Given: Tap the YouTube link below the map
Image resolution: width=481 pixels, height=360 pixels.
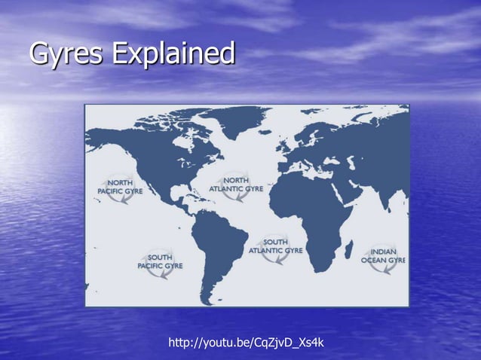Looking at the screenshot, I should [246, 343].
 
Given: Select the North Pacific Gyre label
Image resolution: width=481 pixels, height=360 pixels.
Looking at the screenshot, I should [120, 187].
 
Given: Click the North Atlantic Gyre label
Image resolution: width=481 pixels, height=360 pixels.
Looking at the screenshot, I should [236, 185].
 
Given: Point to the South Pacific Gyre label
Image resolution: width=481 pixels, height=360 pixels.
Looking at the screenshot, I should [159, 261].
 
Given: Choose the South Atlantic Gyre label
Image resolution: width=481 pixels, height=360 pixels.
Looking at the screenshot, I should [275, 246].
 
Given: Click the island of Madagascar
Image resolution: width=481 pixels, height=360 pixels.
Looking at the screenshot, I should [349, 249].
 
